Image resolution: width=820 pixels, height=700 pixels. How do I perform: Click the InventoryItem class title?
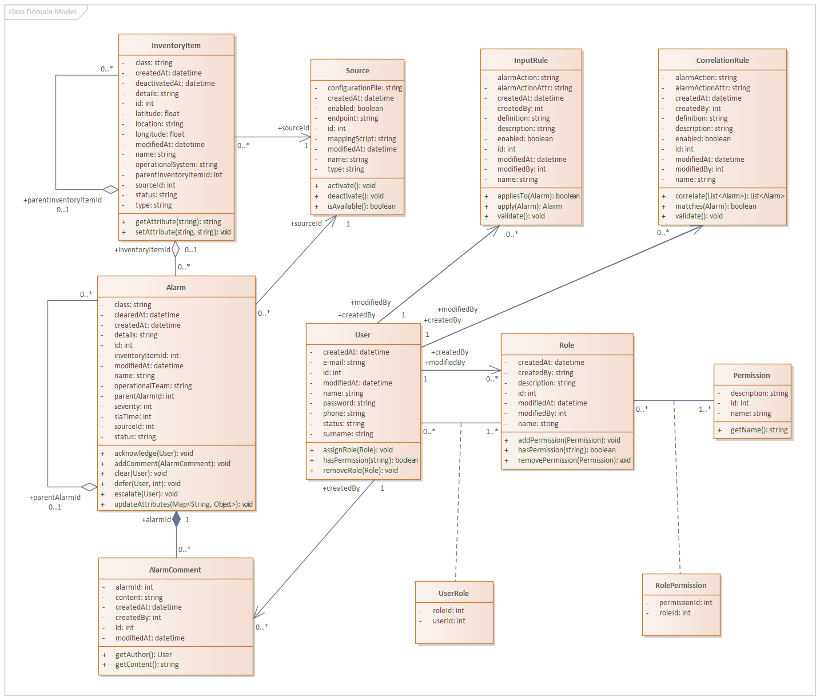pos(176,46)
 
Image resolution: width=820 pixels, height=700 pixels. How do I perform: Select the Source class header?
pos(357,71)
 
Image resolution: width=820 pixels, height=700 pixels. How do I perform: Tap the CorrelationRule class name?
pos(722,61)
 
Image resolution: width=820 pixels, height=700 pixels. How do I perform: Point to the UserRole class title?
pos(453,594)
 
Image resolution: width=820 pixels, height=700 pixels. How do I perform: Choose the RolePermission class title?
pos(680,586)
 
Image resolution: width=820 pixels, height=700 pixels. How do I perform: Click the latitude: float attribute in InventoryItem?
pos(157,114)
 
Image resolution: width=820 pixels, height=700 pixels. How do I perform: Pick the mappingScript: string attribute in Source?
pos(361,139)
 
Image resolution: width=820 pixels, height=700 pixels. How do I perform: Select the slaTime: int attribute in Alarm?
pos(133,417)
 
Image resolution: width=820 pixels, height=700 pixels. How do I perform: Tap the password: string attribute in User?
pos(349,403)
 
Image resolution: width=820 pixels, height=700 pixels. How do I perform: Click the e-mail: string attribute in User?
pos(344,363)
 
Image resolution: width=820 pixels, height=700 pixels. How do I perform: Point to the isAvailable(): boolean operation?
pos(361,206)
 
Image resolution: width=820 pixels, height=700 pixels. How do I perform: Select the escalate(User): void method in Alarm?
pos(146,494)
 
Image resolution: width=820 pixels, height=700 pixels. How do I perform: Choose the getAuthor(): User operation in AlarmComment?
pos(144,655)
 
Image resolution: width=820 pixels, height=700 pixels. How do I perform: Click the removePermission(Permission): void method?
pos(574,460)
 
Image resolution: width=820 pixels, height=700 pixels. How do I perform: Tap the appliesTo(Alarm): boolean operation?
pos(538,196)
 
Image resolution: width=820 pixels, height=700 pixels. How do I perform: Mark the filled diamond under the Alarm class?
pos(176,519)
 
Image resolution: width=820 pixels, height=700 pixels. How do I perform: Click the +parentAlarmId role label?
pos(55,498)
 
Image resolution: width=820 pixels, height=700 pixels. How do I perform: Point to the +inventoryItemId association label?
pos(142,250)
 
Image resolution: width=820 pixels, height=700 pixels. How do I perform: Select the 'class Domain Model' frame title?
pos(42,12)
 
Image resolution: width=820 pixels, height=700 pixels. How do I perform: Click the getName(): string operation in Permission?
pos(759,430)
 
